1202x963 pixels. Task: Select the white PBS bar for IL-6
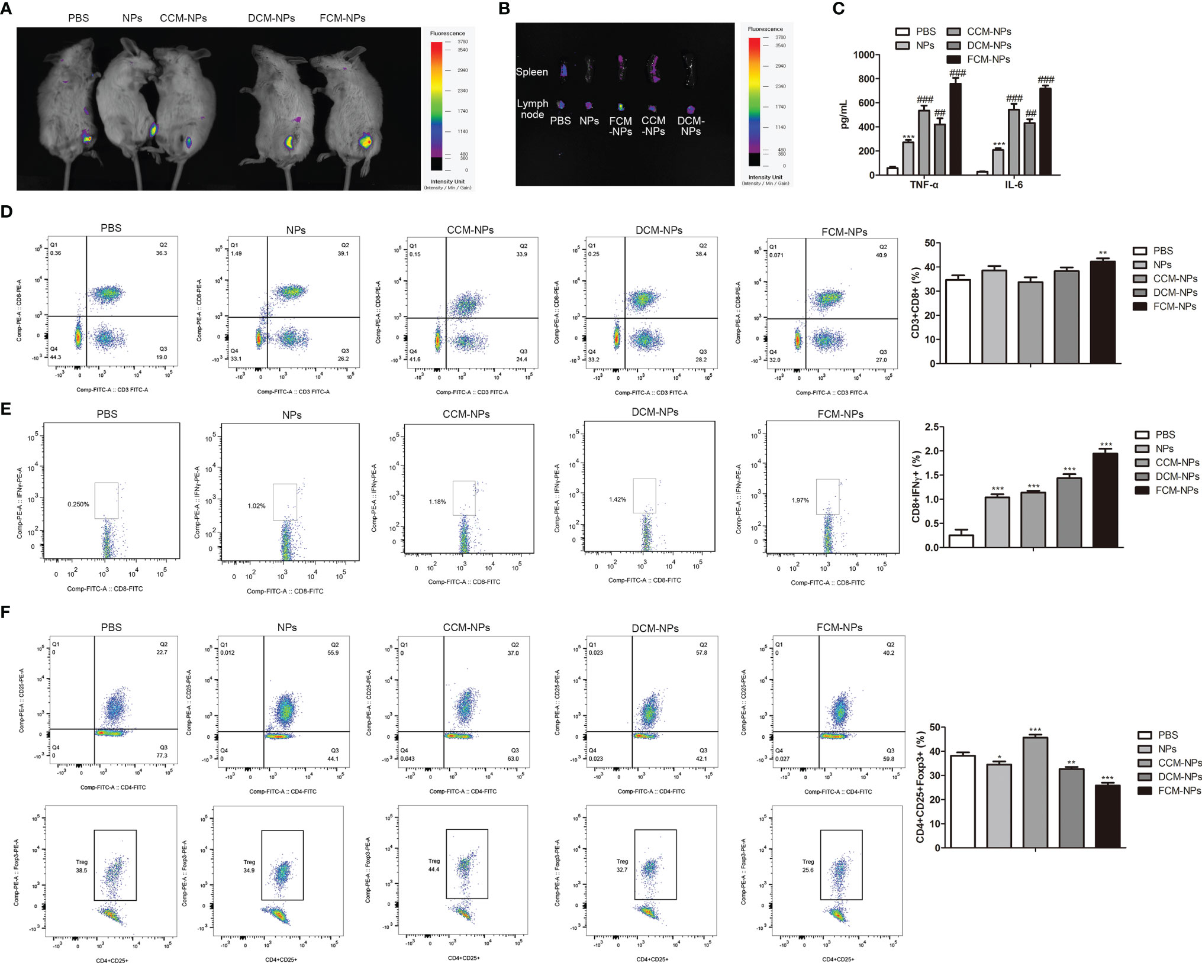click(x=982, y=173)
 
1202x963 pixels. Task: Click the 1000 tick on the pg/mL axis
click(x=863, y=55)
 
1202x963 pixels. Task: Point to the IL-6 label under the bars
click(x=1013, y=185)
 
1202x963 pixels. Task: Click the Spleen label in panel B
click(x=531, y=72)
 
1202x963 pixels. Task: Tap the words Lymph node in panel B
click(x=533, y=109)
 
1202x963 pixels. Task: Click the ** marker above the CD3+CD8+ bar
click(x=1103, y=254)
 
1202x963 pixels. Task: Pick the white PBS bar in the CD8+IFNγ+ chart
click(x=961, y=541)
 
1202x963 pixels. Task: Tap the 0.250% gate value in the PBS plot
click(x=78, y=505)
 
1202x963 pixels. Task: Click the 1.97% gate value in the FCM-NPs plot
click(x=800, y=500)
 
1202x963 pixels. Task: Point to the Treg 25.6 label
click(x=808, y=866)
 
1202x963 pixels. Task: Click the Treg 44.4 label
click(x=434, y=865)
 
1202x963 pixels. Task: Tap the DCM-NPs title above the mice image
click(x=271, y=18)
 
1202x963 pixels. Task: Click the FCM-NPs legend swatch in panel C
click(x=953, y=59)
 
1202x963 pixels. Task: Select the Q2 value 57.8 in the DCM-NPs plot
click(x=701, y=653)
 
